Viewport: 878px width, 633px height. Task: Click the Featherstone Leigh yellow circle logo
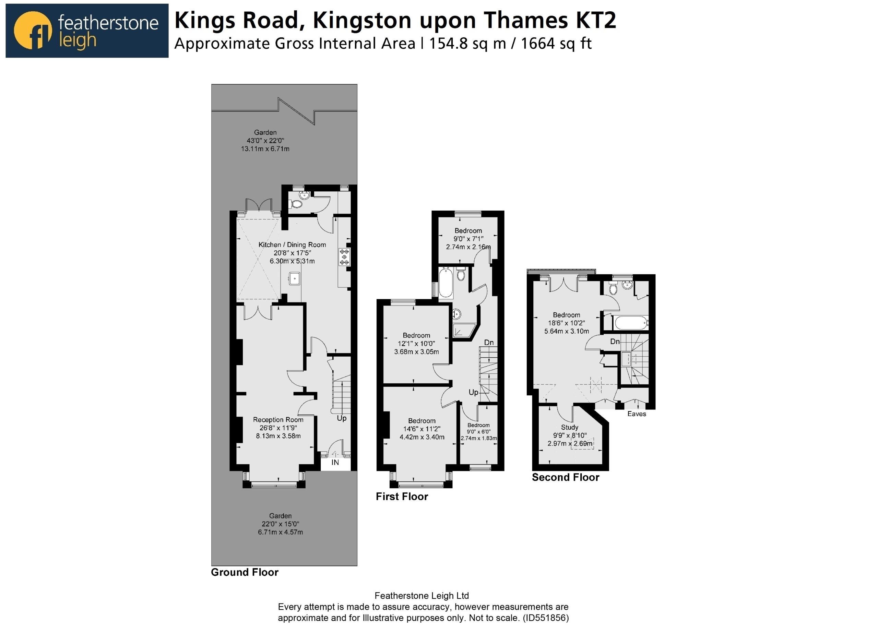coord(33,31)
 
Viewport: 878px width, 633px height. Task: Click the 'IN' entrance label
coord(335,462)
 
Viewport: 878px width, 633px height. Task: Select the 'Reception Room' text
coord(278,420)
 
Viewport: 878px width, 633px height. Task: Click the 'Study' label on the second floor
coord(569,427)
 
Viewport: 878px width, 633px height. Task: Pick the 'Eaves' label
coord(637,414)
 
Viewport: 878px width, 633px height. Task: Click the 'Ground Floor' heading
coord(245,572)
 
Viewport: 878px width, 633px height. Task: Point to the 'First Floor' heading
coord(402,497)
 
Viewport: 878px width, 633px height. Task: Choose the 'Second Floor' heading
coord(566,477)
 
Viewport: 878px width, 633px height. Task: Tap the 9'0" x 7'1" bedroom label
coord(468,239)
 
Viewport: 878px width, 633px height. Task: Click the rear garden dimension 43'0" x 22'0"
coord(265,141)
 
